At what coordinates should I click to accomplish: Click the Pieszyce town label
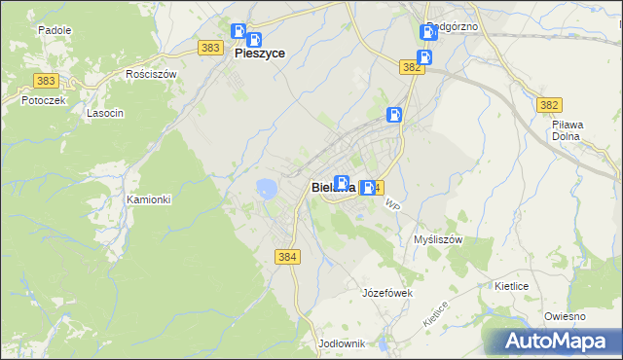click(260, 55)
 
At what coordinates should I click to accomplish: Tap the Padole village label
click(55, 30)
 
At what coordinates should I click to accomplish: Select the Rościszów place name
click(151, 74)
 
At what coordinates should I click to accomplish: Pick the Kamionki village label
click(149, 199)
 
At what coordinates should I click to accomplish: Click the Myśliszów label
click(437, 239)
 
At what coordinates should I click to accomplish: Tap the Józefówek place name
click(387, 293)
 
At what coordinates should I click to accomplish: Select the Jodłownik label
click(341, 343)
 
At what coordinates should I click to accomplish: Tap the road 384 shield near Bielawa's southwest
click(287, 256)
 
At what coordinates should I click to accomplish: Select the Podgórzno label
click(453, 26)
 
